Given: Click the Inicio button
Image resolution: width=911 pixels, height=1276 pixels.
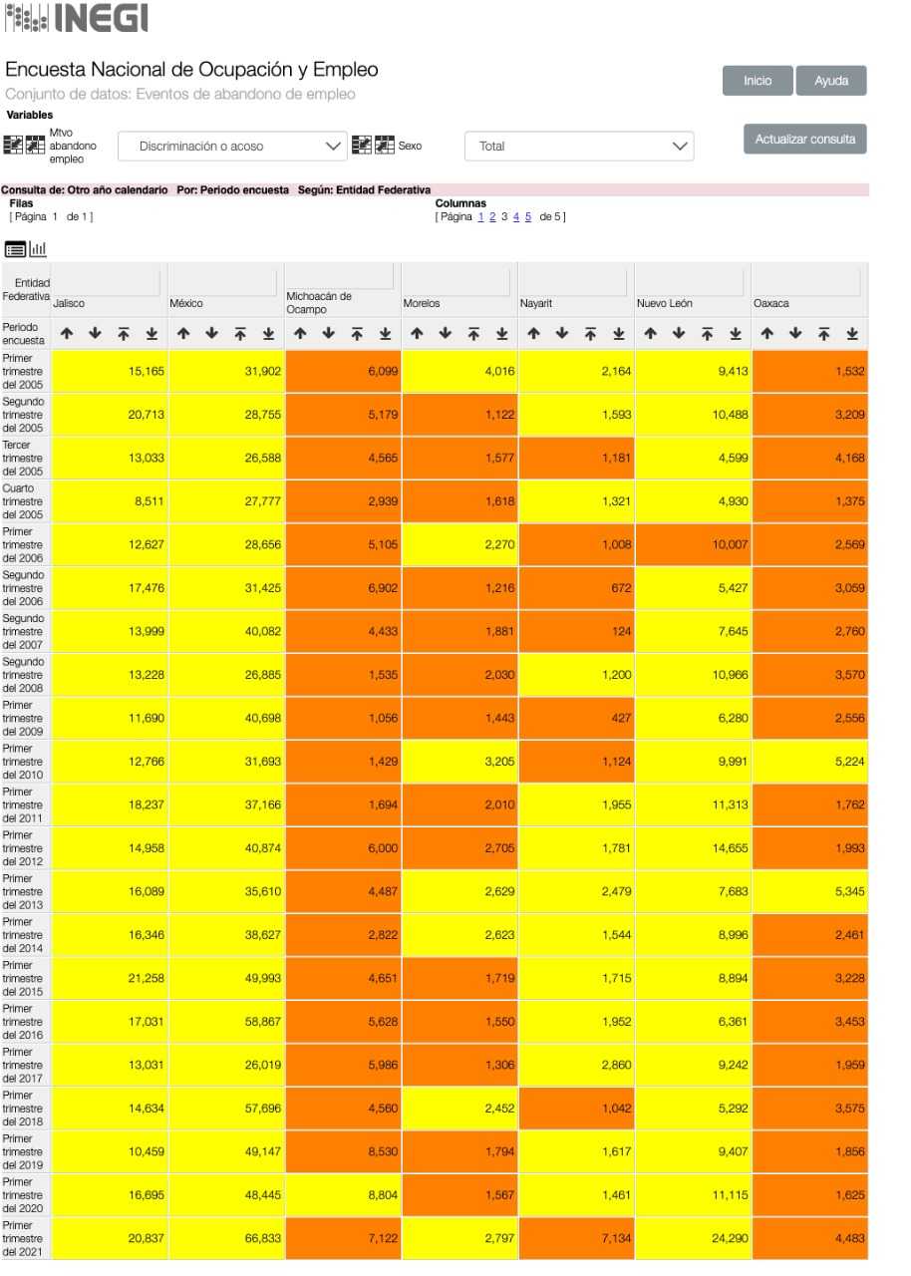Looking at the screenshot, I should click(x=758, y=81).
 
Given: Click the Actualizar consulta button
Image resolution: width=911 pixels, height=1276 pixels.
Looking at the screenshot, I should click(x=804, y=140).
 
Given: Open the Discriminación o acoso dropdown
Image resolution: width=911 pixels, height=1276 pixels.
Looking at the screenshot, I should click(x=232, y=147).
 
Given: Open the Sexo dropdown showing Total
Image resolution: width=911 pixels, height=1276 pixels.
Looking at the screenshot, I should click(x=579, y=147).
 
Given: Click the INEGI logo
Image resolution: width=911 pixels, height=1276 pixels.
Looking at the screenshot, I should click(x=76, y=18).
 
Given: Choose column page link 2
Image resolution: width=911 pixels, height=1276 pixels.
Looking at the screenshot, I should click(x=491, y=217).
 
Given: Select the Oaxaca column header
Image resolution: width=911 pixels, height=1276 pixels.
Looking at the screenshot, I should click(x=770, y=303).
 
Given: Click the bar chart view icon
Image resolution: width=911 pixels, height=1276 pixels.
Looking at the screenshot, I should click(x=38, y=249).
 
